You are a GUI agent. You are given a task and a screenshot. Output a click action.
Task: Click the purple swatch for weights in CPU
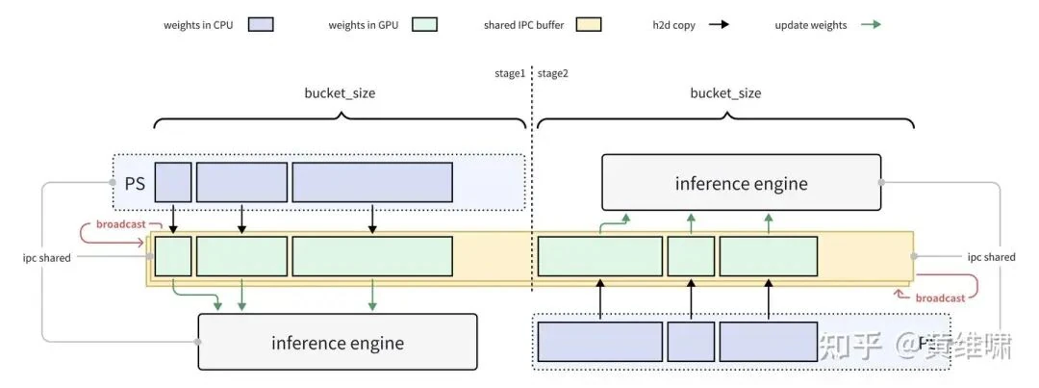coord(261,24)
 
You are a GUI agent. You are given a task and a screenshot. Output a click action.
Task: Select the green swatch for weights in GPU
coord(424,24)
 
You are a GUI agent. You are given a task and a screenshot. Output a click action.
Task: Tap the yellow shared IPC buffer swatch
coord(589,24)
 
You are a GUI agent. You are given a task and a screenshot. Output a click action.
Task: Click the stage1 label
coord(508,73)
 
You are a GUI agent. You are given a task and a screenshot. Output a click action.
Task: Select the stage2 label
coord(553,73)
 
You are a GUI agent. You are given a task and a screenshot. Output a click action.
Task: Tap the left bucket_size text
coord(340,93)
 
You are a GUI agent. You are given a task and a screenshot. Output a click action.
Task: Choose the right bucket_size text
coord(725,93)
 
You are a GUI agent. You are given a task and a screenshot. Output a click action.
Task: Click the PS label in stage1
coord(135,182)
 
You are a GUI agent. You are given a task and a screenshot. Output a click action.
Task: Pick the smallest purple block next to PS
coord(173,182)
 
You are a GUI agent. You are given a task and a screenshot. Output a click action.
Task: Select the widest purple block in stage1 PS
coord(372,182)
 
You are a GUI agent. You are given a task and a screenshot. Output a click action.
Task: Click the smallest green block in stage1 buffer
coord(173,257)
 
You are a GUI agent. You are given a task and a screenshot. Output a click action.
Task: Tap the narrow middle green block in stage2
coord(691,257)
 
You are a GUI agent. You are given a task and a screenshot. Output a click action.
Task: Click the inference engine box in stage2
coord(741,183)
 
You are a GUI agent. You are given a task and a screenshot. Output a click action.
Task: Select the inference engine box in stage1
coord(337,343)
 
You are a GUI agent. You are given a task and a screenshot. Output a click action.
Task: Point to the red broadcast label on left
coord(120,224)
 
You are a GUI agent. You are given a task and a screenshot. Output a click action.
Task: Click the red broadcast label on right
coord(940,298)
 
